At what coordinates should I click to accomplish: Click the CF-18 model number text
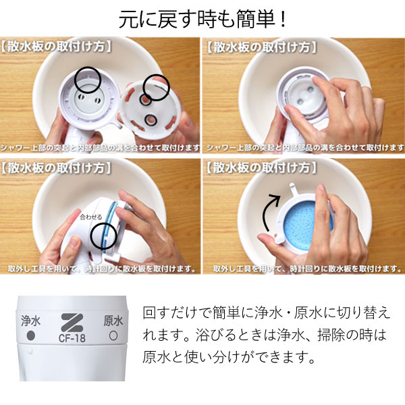click(72, 338)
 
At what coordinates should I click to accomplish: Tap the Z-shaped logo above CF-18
click(72, 323)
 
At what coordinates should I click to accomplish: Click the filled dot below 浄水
click(31, 335)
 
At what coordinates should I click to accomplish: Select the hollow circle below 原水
click(113, 335)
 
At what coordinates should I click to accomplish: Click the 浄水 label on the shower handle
click(31, 321)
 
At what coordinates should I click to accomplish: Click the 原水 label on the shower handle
click(113, 321)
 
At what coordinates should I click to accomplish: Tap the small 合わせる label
click(91, 217)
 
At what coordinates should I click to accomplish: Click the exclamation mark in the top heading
click(283, 20)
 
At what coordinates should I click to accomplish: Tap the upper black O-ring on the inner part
click(144, 100)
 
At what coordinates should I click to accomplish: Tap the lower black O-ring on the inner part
click(151, 120)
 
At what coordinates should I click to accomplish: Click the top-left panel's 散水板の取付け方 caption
click(56, 47)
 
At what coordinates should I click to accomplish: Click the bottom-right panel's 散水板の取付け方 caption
click(261, 168)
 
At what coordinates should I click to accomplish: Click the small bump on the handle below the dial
click(30, 351)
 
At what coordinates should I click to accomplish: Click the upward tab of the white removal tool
click(294, 189)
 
